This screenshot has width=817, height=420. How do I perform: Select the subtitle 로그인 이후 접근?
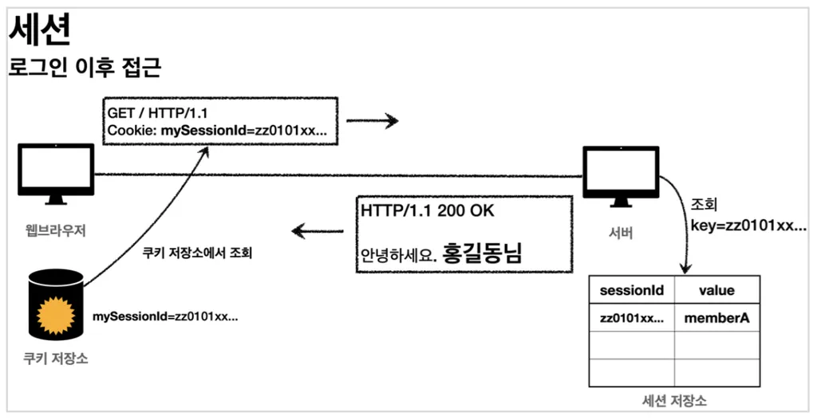coord(85,68)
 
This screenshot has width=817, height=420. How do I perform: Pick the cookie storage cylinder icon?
coord(56,303)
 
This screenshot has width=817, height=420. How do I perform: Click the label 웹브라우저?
coord(55,231)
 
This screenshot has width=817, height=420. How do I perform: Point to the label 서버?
coord(620,232)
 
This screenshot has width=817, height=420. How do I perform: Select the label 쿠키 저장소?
coord(56,359)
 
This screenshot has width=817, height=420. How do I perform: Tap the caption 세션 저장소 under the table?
coord(674,400)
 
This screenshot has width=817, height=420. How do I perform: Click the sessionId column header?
coord(631,291)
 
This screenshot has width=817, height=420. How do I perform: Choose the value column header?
coord(716,291)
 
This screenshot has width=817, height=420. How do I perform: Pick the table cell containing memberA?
coord(716,318)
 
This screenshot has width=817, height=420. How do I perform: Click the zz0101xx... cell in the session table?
coord(631,318)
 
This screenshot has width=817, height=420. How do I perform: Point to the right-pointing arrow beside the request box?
coord(372,121)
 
